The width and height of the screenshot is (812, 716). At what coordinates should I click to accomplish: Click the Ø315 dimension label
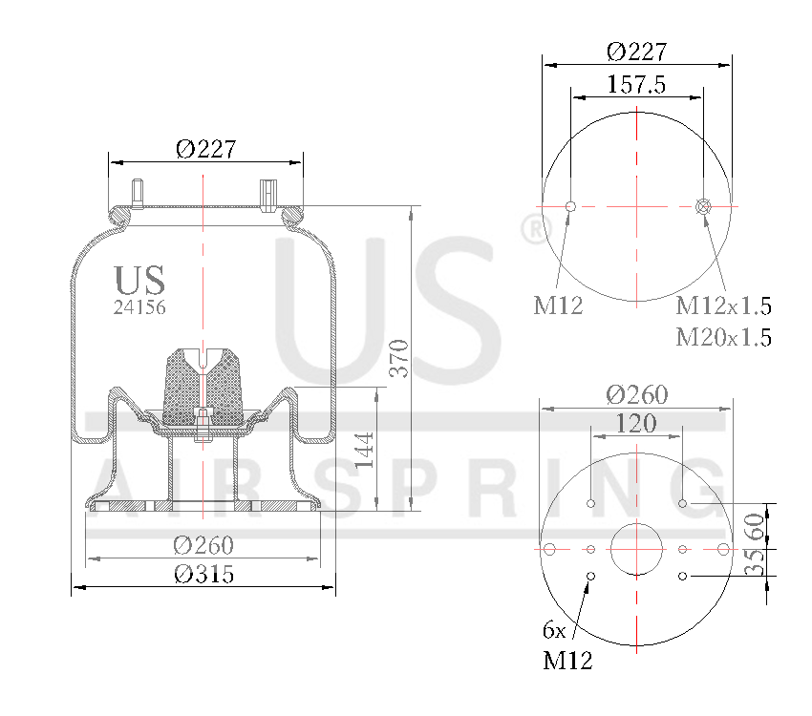point(203,575)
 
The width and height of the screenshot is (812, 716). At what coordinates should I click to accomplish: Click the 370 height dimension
point(401,357)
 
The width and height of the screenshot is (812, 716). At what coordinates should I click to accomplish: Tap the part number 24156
point(139,307)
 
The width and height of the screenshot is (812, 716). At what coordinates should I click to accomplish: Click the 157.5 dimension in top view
point(636,84)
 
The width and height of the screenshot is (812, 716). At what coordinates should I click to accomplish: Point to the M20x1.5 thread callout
point(723,337)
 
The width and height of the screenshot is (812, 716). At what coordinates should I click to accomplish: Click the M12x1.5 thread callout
point(723,306)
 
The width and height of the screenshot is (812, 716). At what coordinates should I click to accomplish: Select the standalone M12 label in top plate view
point(558,306)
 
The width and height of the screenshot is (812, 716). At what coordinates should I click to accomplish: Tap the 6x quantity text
point(554,630)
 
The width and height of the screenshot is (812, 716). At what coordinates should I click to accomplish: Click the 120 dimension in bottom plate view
point(636,423)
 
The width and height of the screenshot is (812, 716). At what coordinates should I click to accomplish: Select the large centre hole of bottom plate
point(636,550)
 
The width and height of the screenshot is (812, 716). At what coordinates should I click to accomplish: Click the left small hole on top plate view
point(570,206)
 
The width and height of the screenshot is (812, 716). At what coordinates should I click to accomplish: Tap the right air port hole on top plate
point(704,206)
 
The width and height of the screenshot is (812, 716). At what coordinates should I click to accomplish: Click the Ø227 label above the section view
point(205,149)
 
